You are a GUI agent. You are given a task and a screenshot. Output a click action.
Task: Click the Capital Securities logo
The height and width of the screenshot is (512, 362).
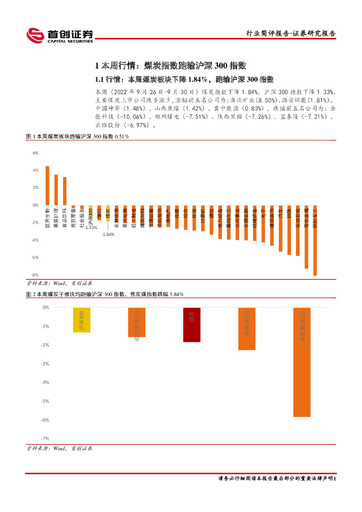coord(59,35)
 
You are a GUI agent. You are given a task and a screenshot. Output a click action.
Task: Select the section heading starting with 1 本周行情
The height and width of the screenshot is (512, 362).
coord(170,66)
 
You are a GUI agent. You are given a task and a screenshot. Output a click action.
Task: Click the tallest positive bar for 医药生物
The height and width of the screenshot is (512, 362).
coord(47,185)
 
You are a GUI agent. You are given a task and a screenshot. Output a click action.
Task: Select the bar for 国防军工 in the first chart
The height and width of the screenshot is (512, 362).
coord(315,240)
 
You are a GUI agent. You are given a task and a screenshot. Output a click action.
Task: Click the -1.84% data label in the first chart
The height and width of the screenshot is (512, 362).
coord(107,234)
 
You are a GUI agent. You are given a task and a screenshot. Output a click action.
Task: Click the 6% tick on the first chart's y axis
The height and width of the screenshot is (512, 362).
coord(35,153)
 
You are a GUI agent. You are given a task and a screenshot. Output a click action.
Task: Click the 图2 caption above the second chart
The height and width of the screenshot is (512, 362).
coord(105,294)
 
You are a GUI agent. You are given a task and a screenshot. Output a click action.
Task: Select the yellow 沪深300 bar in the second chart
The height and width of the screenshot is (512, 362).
coord(81,320)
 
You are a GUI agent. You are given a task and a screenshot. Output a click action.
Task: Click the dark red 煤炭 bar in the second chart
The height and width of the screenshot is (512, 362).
coord(191,325)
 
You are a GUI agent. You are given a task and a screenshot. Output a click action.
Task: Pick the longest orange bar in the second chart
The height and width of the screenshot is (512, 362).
coord(301,362)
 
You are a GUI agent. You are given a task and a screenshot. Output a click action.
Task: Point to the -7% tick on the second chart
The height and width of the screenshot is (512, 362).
coord(45,438)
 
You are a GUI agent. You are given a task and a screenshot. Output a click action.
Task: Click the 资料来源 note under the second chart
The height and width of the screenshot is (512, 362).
coord(59,448)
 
